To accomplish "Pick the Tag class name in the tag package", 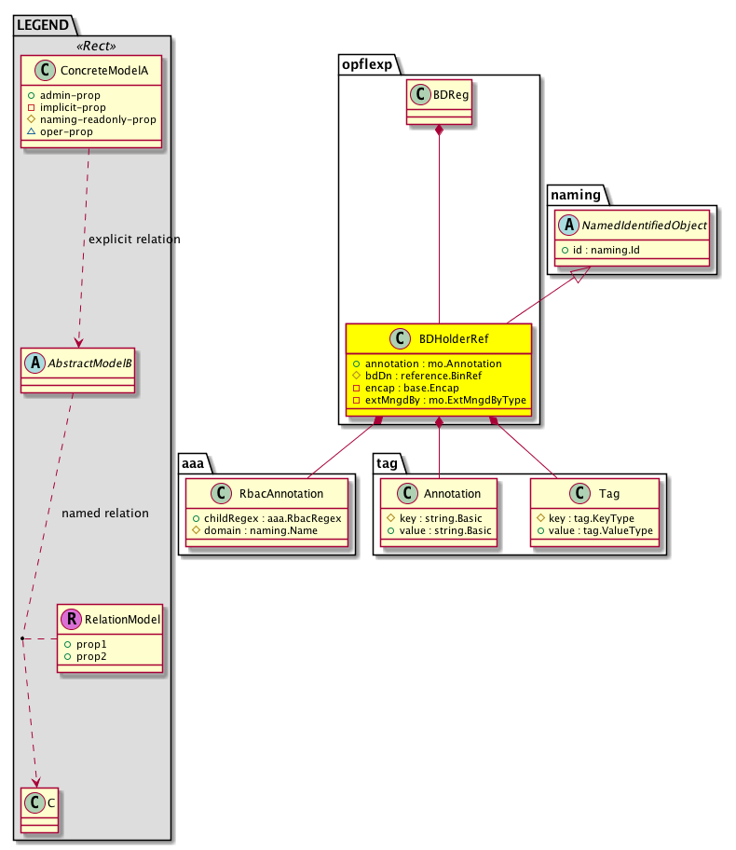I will coord(611,494).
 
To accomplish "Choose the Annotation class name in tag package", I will coord(451,494).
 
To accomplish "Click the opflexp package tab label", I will coord(366,62).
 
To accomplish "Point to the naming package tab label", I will coord(575,193).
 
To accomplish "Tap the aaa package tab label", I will coord(193,461).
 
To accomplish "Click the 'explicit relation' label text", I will coord(134,240).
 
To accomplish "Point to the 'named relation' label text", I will coord(104,513).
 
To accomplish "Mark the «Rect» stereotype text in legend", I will coord(91,45).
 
